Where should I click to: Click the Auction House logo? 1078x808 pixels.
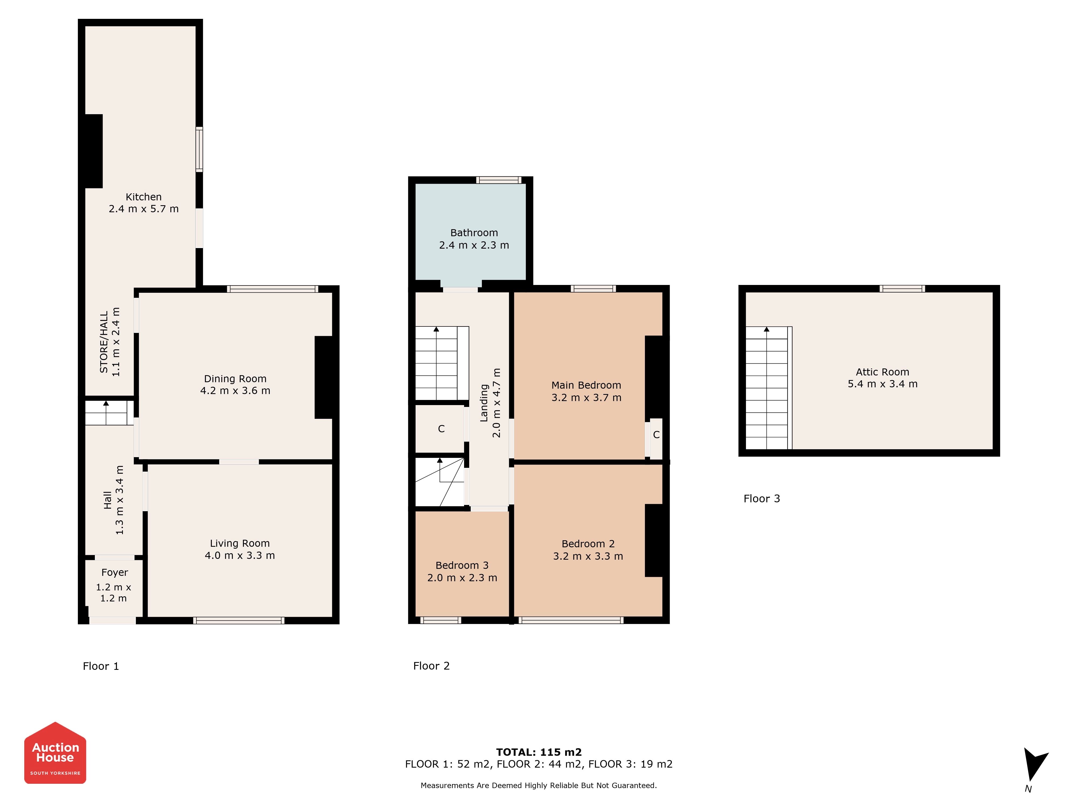(x=55, y=753)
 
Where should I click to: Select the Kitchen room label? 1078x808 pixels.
(x=143, y=197)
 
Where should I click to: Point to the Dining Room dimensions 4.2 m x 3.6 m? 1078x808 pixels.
(x=235, y=391)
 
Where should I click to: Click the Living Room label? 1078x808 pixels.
(x=240, y=543)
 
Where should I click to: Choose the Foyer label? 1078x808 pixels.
(x=115, y=572)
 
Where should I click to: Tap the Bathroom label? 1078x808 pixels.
(x=474, y=233)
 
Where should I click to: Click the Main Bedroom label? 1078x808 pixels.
(x=586, y=385)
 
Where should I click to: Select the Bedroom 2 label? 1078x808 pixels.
(x=588, y=544)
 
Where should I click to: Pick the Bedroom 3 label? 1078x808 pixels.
(x=462, y=565)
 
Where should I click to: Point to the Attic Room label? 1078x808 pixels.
(x=883, y=372)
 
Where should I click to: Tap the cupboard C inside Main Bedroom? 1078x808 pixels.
(x=656, y=438)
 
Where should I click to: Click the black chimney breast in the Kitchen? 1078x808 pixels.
(x=94, y=151)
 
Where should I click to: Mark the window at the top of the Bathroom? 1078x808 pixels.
(x=499, y=180)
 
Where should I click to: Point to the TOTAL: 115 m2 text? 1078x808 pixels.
(x=539, y=752)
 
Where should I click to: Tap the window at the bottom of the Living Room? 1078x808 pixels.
(x=239, y=621)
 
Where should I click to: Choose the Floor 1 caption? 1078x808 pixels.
(x=101, y=666)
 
